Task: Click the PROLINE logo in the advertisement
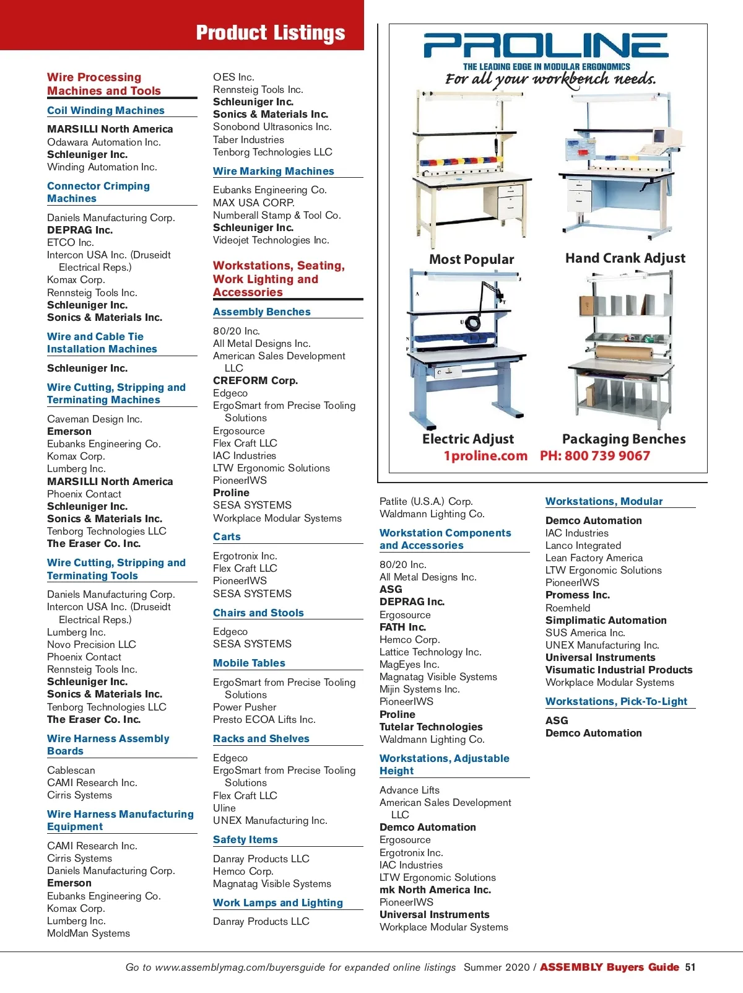[545, 46]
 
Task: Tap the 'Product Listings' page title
[270, 33]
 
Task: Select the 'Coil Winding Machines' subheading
[106, 110]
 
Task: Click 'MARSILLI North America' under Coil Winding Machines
[110, 129]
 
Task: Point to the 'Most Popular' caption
[472, 260]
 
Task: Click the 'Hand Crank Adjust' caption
[625, 258]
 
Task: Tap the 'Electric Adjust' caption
[468, 439]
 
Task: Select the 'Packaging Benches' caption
[624, 439]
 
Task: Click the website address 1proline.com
[485, 456]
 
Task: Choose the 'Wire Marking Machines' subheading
[273, 171]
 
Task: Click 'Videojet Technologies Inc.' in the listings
[271, 240]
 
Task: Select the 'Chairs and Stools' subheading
[258, 613]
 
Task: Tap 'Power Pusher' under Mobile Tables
[245, 707]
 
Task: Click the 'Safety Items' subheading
[245, 839]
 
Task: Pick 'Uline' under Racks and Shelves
[224, 808]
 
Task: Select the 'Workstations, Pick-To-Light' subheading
[616, 701]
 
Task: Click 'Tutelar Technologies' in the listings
[431, 727]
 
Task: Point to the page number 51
[690, 967]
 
